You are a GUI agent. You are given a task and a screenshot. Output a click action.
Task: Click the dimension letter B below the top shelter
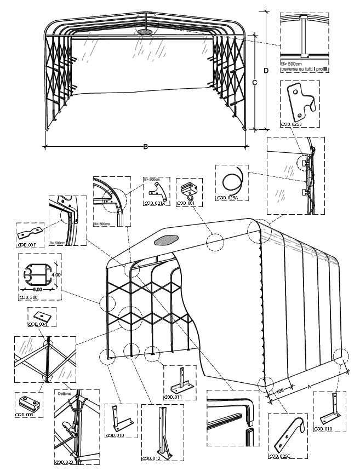pyautogui.click(x=145, y=146)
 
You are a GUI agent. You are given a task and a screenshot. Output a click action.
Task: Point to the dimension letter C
pyautogui.click(x=254, y=82)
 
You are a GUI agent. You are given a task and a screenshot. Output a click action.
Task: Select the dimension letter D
pyautogui.click(x=266, y=71)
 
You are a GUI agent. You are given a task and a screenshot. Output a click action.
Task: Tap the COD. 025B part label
pyautogui.click(x=290, y=125)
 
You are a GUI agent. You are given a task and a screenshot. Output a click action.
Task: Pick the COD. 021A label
pyautogui.click(x=155, y=204)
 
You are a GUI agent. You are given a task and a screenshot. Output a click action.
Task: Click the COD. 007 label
pyautogui.click(x=27, y=244)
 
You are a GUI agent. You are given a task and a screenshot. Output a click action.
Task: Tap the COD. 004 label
pyautogui.click(x=38, y=324)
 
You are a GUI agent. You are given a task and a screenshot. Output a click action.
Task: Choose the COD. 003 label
pyautogui.click(x=26, y=415)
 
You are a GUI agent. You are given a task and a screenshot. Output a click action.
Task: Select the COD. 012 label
pyautogui.click(x=152, y=457)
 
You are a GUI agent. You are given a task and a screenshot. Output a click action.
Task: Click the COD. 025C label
pyautogui.click(x=280, y=456)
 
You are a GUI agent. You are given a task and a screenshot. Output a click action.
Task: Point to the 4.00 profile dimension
pyautogui.click(x=55, y=274)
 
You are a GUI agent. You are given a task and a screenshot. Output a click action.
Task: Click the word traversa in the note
pyautogui.click(x=290, y=70)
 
